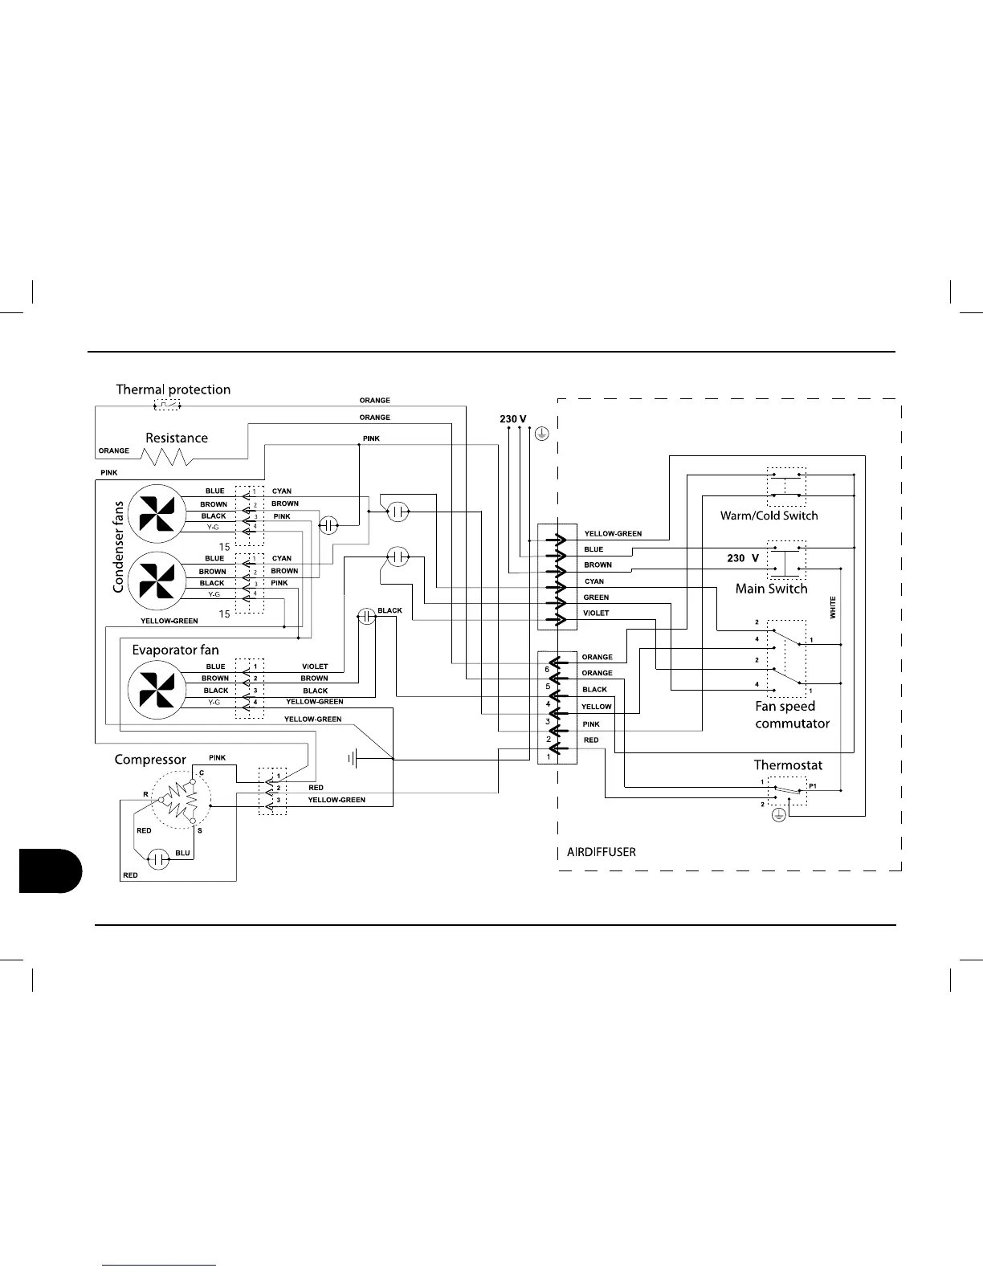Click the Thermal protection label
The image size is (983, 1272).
pos(173,389)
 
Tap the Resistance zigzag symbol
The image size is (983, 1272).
pos(166,457)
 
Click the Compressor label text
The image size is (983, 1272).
pos(150,759)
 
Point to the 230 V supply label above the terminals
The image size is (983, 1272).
pos(512,419)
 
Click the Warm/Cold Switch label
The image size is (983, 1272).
pos(769,516)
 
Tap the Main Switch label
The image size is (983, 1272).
pos(771,589)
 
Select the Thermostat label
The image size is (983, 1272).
pos(788,765)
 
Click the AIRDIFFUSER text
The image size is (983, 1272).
pos(602,852)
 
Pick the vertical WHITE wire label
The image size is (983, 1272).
pos(833,607)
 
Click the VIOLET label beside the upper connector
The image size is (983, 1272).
pos(596,614)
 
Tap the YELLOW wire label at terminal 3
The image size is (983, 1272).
pos(597,707)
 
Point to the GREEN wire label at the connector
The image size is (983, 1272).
pos(596,597)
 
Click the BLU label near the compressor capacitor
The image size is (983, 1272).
pos(182,853)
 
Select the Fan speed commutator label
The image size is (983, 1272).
pos(792,715)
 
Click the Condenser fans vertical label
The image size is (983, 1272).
pos(119,547)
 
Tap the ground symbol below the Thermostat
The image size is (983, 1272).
pos(777,816)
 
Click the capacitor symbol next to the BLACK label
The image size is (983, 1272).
pos(366,617)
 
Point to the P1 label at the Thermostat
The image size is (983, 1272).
pos(812,786)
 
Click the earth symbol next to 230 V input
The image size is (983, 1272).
pos(542,434)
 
